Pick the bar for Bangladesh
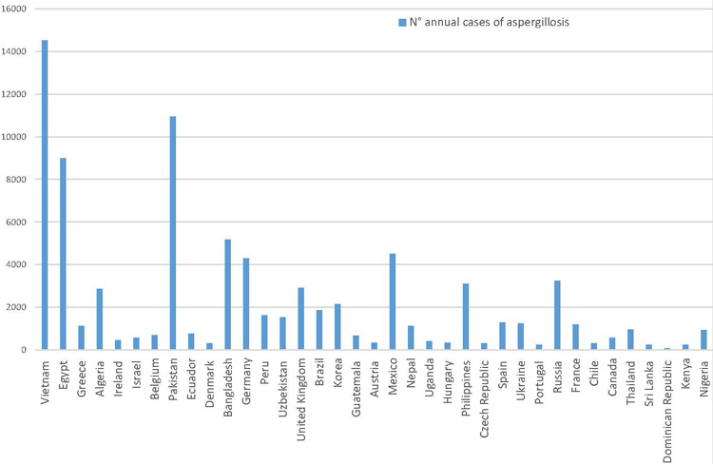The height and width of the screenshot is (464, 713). click(228, 295)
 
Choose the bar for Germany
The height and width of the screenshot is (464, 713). click(246, 304)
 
